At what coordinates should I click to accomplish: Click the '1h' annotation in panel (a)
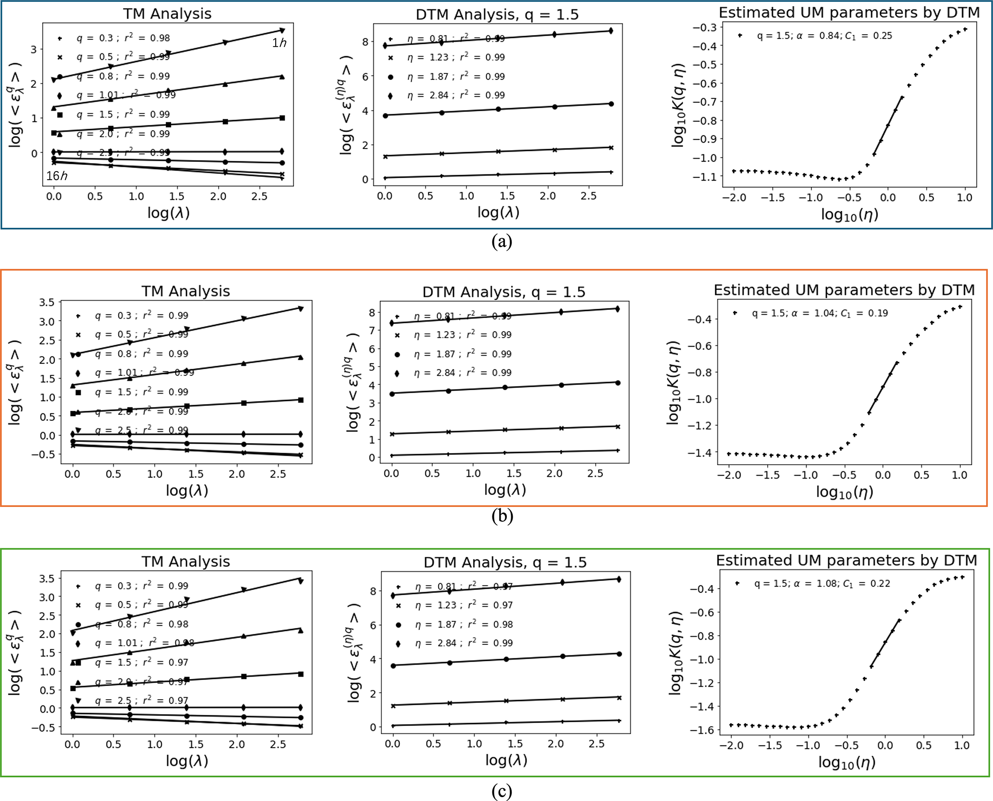pos(279,43)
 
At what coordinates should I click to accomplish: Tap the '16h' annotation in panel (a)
pos(57,176)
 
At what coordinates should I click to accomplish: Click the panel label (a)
pos(502,241)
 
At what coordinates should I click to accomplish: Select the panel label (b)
pos(502,516)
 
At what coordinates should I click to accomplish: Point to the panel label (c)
pos(502,790)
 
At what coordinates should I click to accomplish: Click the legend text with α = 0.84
pos(824,36)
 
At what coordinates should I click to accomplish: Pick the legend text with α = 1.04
pos(820,313)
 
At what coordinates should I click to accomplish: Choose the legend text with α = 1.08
pos(822,584)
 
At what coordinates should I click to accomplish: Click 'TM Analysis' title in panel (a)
pos(167,13)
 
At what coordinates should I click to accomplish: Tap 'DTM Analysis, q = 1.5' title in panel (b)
pos(504,292)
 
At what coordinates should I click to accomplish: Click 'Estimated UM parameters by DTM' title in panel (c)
pos(846,560)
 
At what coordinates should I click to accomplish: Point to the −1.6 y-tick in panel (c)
pos(701,730)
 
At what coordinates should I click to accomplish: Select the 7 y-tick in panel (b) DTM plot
pos(372,331)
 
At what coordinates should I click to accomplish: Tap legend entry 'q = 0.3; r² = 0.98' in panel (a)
pos(123,38)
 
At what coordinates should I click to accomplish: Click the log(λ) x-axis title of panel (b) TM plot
pos(187,490)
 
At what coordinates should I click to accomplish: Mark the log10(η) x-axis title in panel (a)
pos(849,214)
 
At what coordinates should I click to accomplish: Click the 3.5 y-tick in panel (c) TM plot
pos(47,579)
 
